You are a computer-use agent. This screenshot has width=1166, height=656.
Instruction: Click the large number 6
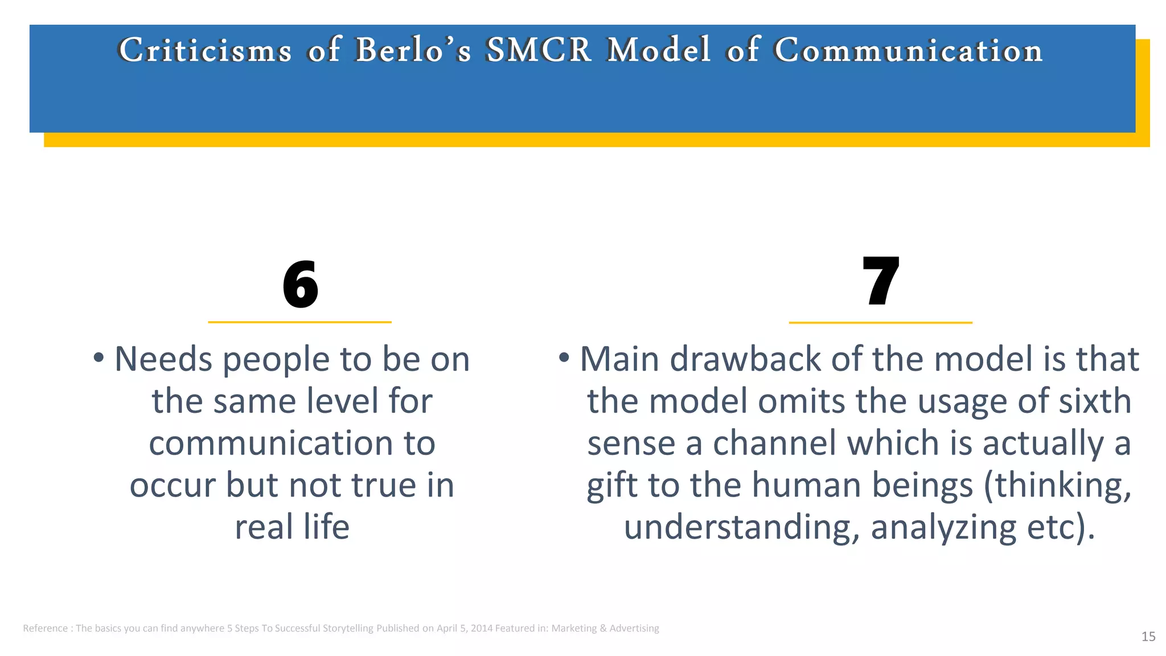tap(300, 284)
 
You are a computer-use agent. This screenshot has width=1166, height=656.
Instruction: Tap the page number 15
tap(1148, 637)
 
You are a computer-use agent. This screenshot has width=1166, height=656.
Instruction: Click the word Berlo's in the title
tap(413, 50)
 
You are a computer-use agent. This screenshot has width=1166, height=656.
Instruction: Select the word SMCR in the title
tap(539, 50)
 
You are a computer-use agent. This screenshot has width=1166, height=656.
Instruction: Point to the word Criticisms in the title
tap(205, 50)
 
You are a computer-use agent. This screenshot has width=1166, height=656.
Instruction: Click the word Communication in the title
tap(908, 50)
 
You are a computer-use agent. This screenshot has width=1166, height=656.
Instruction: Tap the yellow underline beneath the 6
tap(299, 322)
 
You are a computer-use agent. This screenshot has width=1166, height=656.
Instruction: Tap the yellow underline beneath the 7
tap(880, 322)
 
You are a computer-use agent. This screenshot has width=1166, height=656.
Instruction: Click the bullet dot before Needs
tap(99, 358)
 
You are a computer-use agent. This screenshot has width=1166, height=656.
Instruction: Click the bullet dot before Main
tap(564, 358)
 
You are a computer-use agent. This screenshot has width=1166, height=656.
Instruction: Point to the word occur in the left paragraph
tap(173, 486)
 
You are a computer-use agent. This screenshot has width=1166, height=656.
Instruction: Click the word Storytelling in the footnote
tap(348, 629)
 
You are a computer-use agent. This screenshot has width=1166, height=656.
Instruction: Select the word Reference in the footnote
tap(45, 629)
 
